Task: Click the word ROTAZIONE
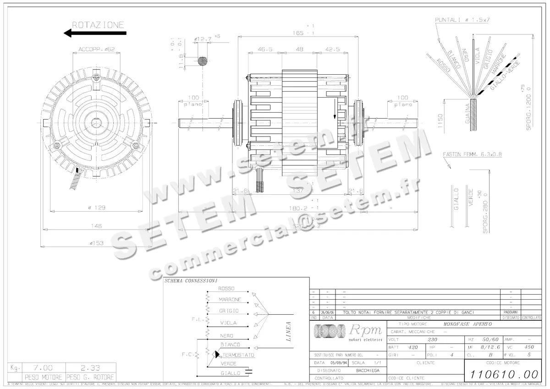[x=98, y=25]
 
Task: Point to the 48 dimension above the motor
[x=299, y=49]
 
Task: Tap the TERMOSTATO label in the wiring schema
[x=238, y=355]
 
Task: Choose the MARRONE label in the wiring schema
[x=230, y=300]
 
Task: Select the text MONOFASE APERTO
[x=467, y=323]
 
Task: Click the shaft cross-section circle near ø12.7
[x=202, y=60]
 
